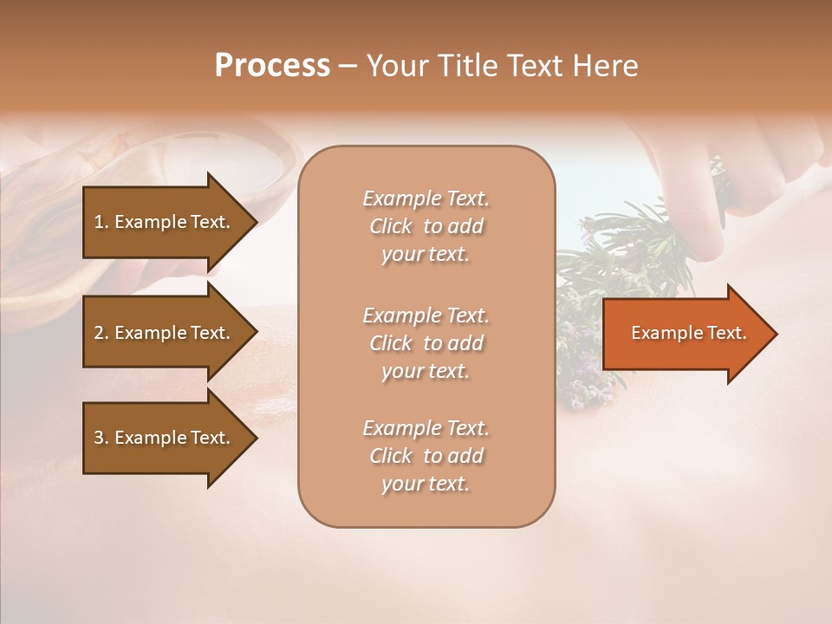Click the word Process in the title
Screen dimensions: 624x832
coord(272,66)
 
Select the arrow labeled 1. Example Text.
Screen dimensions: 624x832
coord(165,222)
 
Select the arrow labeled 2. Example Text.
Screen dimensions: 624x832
coord(165,333)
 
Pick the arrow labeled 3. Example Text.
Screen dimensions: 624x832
coord(165,438)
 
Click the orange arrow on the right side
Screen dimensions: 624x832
coord(685,333)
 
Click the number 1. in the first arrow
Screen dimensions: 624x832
coord(101,222)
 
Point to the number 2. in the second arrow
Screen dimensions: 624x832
coord(101,333)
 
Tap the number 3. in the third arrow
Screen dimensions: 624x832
coord(101,438)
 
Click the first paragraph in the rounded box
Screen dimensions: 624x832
coord(426,226)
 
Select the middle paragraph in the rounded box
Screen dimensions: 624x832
coord(426,343)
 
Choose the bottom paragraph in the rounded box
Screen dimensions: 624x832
coord(426,456)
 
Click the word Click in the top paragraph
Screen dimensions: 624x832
coord(391,226)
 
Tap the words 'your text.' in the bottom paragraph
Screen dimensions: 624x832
coord(426,484)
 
